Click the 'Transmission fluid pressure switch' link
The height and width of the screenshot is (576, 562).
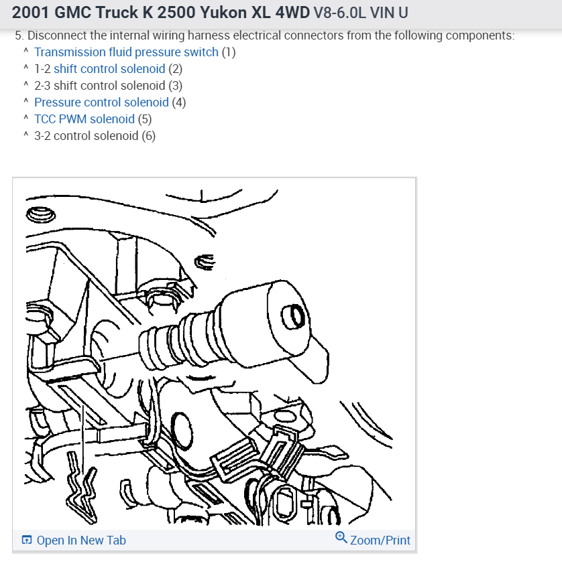(126, 52)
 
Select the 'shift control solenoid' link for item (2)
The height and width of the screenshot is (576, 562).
(109, 69)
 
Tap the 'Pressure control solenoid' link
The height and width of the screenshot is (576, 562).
(101, 102)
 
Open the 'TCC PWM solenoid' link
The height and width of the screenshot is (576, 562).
(85, 119)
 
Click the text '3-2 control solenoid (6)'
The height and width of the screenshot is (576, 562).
(95, 136)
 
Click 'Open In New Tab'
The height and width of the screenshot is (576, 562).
(80, 540)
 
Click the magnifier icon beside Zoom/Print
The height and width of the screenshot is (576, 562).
(341, 538)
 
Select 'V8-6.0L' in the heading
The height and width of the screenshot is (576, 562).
(341, 13)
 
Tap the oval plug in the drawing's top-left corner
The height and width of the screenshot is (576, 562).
(40, 215)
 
